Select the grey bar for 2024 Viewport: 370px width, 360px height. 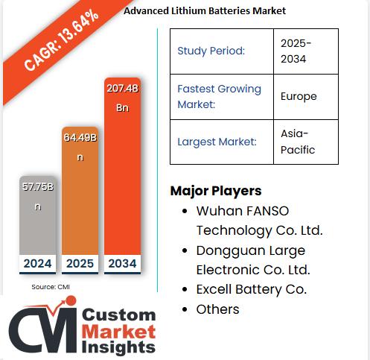coord(37,216)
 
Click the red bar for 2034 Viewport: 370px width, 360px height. coord(124,171)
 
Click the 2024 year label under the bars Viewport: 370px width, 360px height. coord(37,263)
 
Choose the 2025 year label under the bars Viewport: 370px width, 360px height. coord(80,263)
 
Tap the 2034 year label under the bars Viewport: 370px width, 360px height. coord(124,263)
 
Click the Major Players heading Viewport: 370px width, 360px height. coord(216,190)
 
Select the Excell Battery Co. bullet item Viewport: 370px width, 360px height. coord(252,289)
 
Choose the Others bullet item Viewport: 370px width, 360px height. coord(217,309)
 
